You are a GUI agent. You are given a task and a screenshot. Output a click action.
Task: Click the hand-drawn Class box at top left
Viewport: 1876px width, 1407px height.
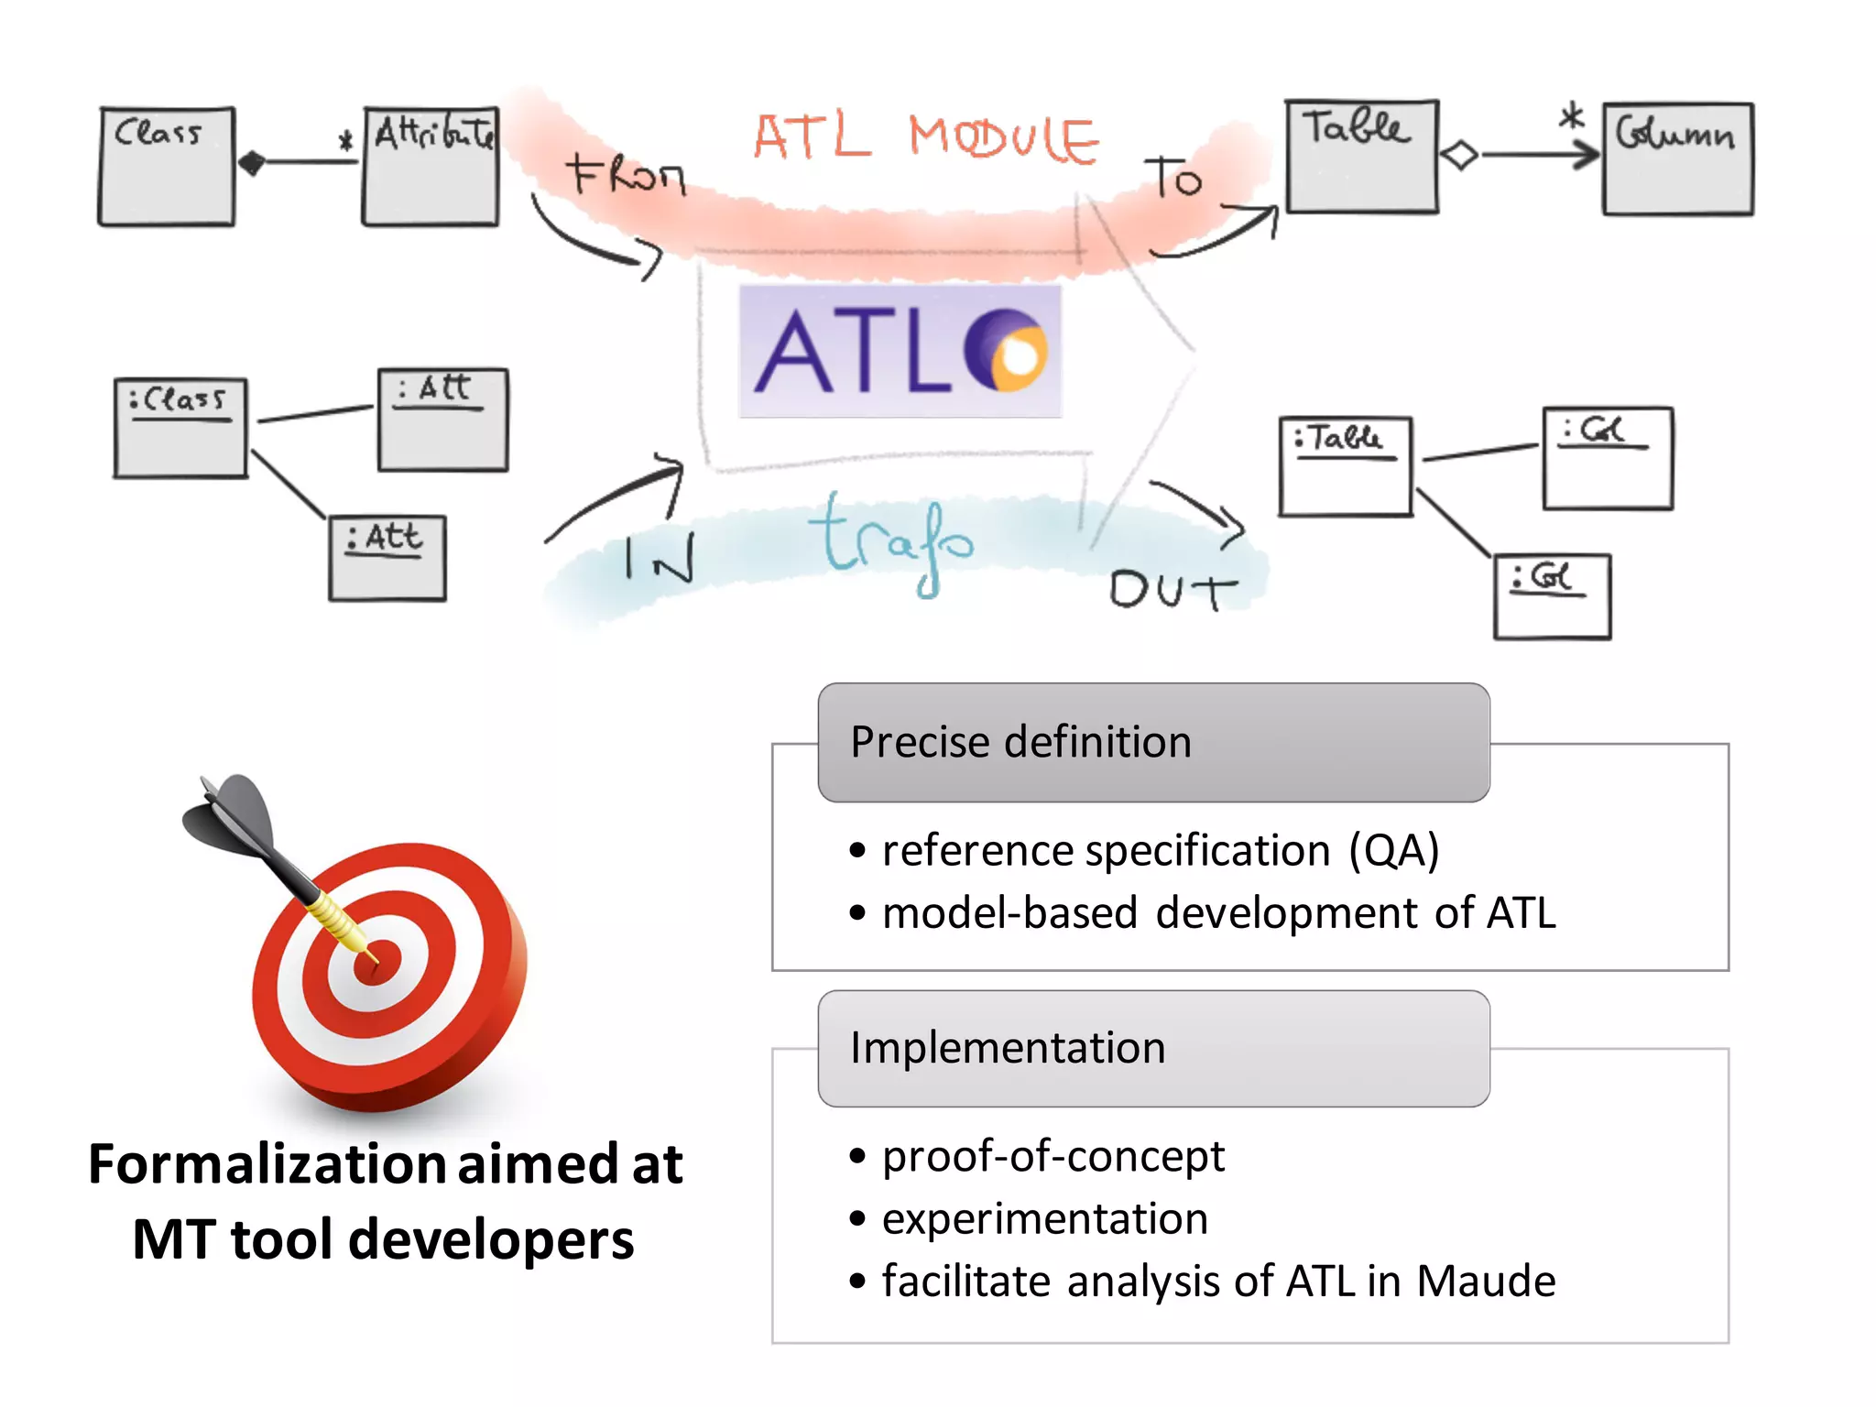point(166,166)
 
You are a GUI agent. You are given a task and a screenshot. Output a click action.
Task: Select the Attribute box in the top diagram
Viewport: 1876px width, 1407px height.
point(431,166)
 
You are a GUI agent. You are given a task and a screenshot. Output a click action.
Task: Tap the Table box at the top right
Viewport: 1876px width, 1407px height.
point(1362,157)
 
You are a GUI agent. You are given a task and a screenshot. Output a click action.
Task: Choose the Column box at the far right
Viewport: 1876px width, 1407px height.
point(1678,159)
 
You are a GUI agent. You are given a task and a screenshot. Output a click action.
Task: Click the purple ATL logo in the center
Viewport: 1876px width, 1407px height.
point(900,352)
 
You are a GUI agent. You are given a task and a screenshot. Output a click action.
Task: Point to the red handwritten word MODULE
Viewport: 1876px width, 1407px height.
point(1003,139)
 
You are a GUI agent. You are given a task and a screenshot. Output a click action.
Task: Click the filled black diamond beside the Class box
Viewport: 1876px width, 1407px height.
point(251,163)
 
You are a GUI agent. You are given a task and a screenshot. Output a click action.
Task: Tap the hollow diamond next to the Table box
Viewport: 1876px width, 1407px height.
point(1459,155)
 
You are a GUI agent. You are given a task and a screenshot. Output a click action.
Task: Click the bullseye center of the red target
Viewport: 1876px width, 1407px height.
point(377,962)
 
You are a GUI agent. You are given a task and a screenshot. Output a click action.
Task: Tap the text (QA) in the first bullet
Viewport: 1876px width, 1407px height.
point(1393,851)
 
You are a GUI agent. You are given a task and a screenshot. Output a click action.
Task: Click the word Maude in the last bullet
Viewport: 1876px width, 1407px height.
point(1486,1281)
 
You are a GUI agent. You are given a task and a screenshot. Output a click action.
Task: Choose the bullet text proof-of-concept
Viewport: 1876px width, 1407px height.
point(1053,1156)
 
